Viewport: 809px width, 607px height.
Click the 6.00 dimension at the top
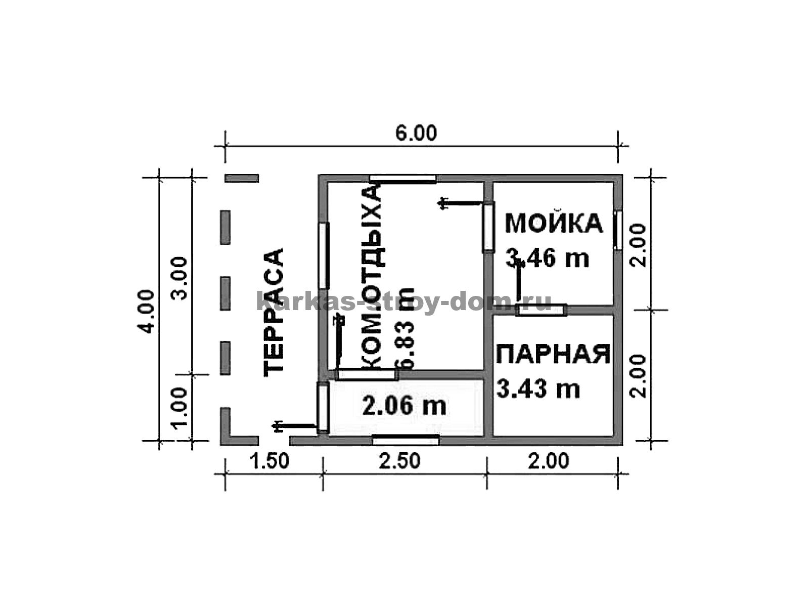tap(416, 134)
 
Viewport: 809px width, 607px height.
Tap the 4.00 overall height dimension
tap(148, 312)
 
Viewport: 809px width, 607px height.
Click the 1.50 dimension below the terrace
tap(269, 461)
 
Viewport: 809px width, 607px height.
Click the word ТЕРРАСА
tap(274, 313)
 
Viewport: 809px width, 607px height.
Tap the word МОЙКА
tap(554, 224)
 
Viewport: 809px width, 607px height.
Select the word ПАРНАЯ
tap(553, 354)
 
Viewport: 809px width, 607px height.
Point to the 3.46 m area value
tap(547, 258)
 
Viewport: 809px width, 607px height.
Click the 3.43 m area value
tap(538, 388)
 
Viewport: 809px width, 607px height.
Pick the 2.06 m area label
tap(404, 406)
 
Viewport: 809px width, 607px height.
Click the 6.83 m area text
tap(405, 328)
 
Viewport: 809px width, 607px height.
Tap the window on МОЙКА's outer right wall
tap(618, 230)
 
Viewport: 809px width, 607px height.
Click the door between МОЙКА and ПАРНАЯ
tap(541, 310)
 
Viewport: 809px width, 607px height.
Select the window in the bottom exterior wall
tap(406, 440)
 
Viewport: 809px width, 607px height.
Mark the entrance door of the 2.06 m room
tap(323, 408)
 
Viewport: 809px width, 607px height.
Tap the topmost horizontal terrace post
tap(242, 179)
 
